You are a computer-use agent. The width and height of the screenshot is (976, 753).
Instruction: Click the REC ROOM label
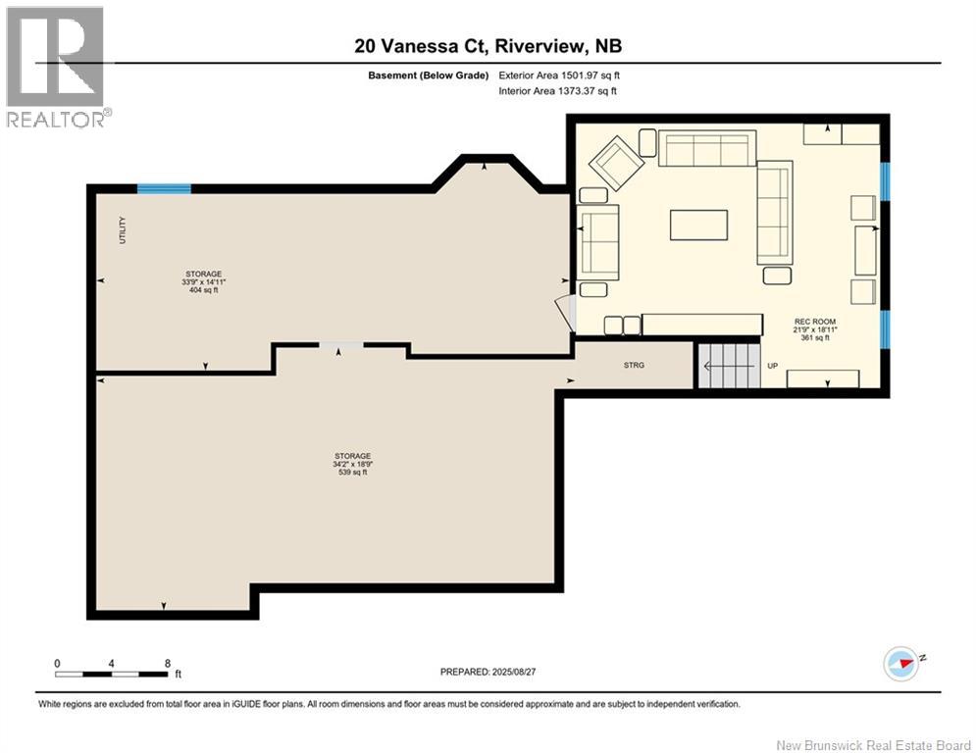coord(815,322)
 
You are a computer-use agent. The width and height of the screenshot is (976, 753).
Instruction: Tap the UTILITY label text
coord(123,230)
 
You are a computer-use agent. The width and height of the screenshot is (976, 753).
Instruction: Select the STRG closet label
coord(635,365)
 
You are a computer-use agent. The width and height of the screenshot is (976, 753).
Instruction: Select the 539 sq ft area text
coord(352,473)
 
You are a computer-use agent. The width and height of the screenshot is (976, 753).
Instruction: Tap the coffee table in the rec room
coord(698,225)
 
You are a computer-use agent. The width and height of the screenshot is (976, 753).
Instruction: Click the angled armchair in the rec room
coord(615,164)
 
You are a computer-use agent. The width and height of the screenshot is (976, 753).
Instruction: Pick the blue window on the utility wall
coord(164,189)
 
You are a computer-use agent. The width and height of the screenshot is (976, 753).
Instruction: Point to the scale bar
coord(112,674)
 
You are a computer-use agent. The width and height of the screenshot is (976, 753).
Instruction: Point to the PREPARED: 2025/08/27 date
coord(488,672)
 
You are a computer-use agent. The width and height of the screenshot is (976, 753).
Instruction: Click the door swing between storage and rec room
coord(566,312)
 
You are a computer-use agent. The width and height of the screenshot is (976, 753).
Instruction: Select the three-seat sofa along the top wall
coord(706,149)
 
